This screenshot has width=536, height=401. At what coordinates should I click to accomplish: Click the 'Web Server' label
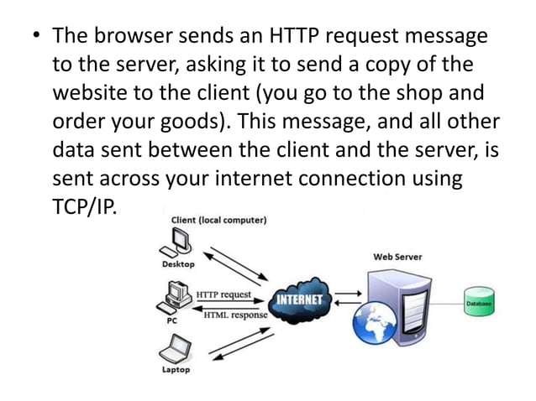397,256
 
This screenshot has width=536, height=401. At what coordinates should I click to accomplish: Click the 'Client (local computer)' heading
219,221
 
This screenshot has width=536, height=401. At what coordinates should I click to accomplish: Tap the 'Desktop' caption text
177,263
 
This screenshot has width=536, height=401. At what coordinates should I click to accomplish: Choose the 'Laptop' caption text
176,369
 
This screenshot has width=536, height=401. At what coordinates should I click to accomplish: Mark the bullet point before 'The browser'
34,37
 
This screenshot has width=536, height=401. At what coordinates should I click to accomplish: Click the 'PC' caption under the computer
169,319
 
